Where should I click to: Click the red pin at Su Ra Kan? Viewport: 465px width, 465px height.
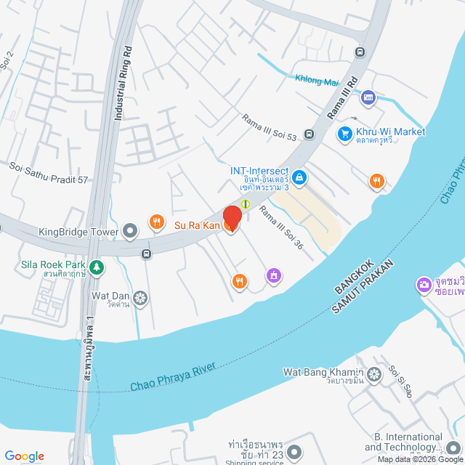pyautogui.click(x=232, y=218)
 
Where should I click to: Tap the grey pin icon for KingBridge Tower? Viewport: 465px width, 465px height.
pyautogui.click(x=130, y=232)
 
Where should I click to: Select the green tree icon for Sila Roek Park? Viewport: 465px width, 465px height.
pyautogui.click(x=97, y=267)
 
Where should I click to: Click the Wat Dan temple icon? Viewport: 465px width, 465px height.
pyautogui.click(x=139, y=297)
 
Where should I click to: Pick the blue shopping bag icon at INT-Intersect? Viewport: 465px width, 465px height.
pyautogui.click(x=299, y=177)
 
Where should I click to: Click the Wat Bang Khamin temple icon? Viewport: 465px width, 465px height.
pyautogui.click(x=374, y=375)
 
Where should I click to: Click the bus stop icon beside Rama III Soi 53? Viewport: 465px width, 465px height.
pyautogui.click(x=309, y=134)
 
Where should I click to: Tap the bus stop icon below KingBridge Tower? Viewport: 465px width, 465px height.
pyautogui.click(x=147, y=254)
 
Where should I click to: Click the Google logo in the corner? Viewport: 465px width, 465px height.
pyautogui.click(x=23, y=456)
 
